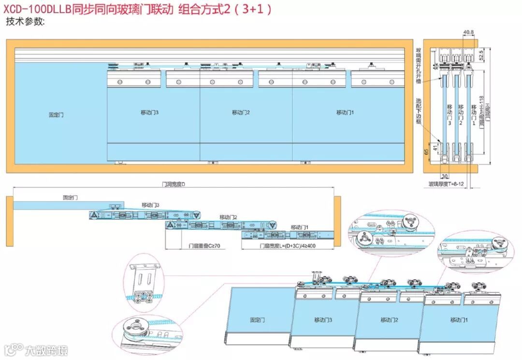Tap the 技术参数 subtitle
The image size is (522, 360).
[25, 22]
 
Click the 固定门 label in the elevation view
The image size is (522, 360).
[56, 115]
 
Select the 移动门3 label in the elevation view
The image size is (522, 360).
[150, 113]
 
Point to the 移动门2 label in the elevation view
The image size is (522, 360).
[241, 113]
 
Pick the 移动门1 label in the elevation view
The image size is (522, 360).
[346, 113]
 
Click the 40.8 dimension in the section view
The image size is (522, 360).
[468, 32]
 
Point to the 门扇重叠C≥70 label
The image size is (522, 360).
[204, 246]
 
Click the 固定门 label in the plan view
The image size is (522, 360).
[70, 198]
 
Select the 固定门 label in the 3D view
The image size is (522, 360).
[257, 320]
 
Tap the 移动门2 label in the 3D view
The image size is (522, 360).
[389, 320]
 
